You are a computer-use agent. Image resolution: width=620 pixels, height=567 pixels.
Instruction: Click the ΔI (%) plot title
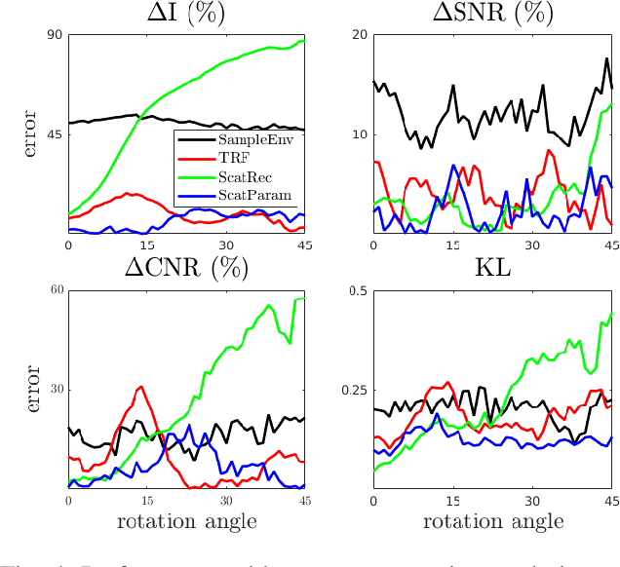[186, 14]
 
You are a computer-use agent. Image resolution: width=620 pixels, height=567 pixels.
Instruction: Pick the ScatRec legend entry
[246, 175]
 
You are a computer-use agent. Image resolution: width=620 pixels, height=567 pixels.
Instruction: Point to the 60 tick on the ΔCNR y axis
[55, 291]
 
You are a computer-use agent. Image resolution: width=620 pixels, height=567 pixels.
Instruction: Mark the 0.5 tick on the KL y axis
[357, 291]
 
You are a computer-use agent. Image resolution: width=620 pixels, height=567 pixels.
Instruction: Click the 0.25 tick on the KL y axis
[354, 391]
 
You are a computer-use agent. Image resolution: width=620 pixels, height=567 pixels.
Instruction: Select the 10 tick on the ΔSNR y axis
[360, 134]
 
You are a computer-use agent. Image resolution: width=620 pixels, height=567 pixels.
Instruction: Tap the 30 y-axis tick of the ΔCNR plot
[55, 390]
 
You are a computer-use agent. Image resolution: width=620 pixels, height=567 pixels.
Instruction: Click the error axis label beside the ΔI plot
[30, 134]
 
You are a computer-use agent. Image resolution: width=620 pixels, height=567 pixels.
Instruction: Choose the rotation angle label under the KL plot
[492, 521]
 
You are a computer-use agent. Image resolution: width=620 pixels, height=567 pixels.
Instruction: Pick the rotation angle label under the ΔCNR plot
[186, 521]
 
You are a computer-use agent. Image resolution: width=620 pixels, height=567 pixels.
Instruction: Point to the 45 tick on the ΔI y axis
[55, 134]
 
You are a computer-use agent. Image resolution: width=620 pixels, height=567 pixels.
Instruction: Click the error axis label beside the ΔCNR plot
[30, 389]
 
